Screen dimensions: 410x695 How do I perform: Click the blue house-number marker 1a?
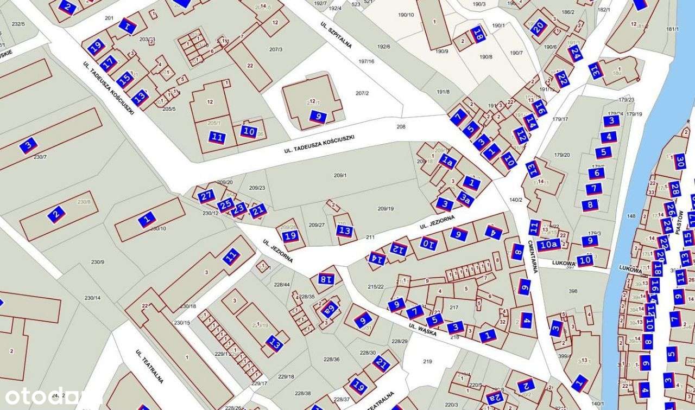pyautogui.click(x=447, y=161)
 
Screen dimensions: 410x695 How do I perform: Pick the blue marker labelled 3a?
pyautogui.click(x=465, y=199)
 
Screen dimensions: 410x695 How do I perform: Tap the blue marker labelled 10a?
pyautogui.click(x=548, y=245)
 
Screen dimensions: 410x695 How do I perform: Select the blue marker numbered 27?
pyautogui.click(x=206, y=196)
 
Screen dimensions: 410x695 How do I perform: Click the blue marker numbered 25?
pyautogui.click(x=226, y=205)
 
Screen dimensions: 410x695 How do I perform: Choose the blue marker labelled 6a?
pyautogui.click(x=330, y=310)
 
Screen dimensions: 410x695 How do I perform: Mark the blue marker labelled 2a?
pyautogui.click(x=494, y=398)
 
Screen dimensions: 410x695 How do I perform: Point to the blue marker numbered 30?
pyautogui.click(x=680, y=161)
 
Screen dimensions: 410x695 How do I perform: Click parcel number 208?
pyautogui.click(x=401, y=126)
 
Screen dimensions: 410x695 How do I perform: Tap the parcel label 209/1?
pyautogui.click(x=340, y=175)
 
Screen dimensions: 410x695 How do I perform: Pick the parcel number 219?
pyautogui.click(x=427, y=361)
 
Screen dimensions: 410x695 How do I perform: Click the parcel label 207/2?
pyautogui.click(x=362, y=93)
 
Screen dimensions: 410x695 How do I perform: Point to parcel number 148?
pyautogui.click(x=631, y=216)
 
